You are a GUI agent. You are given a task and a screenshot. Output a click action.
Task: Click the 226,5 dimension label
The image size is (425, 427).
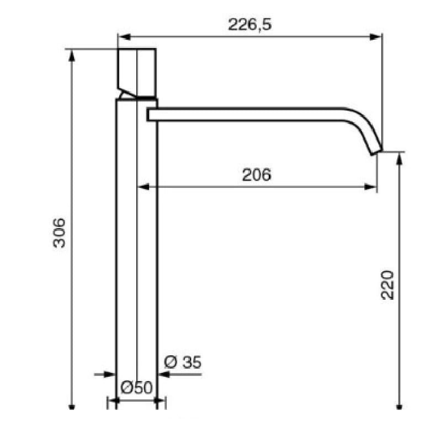pyautogui.click(x=250, y=24)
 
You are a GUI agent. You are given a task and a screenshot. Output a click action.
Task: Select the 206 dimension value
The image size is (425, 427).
pyautogui.click(x=257, y=175)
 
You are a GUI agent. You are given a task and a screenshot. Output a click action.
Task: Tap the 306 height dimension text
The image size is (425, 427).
pyautogui.click(x=59, y=233)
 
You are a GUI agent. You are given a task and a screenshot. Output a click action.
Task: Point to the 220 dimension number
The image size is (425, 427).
pyautogui.click(x=387, y=285)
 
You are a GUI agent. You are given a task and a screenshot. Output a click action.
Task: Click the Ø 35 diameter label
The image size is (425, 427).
pyautogui.click(x=183, y=362)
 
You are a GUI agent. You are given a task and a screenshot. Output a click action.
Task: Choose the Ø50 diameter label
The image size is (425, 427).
pyautogui.click(x=136, y=387)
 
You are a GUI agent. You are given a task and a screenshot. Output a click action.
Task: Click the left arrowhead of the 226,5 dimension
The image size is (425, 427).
pyautogui.click(x=125, y=37)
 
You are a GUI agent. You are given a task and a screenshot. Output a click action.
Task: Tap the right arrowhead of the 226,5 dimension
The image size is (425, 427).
pyautogui.click(x=375, y=37)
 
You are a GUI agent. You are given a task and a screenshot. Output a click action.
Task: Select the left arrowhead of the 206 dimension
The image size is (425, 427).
pyautogui.click(x=144, y=187)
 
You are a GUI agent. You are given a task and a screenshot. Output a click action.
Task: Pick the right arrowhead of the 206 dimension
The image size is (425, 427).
pyautogui.click(x=370, y=187)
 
